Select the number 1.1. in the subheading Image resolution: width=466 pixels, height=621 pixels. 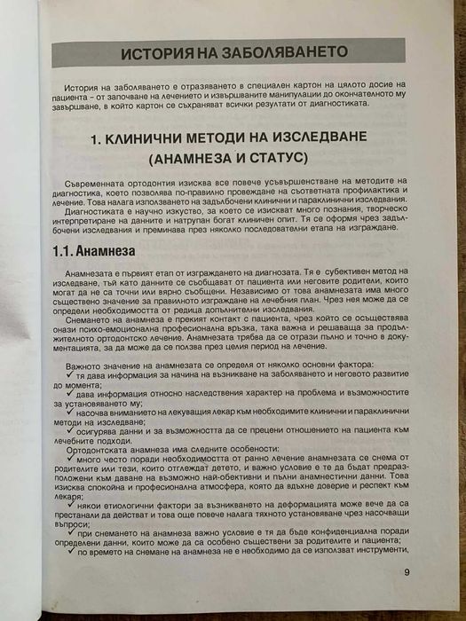pos(65,250)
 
